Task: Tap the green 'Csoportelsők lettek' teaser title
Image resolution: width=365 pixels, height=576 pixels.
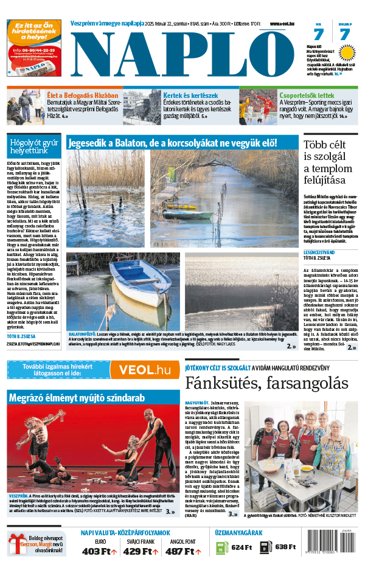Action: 307,95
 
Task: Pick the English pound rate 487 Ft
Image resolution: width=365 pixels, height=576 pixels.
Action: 182,552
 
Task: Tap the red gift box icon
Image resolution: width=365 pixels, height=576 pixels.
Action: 15,545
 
